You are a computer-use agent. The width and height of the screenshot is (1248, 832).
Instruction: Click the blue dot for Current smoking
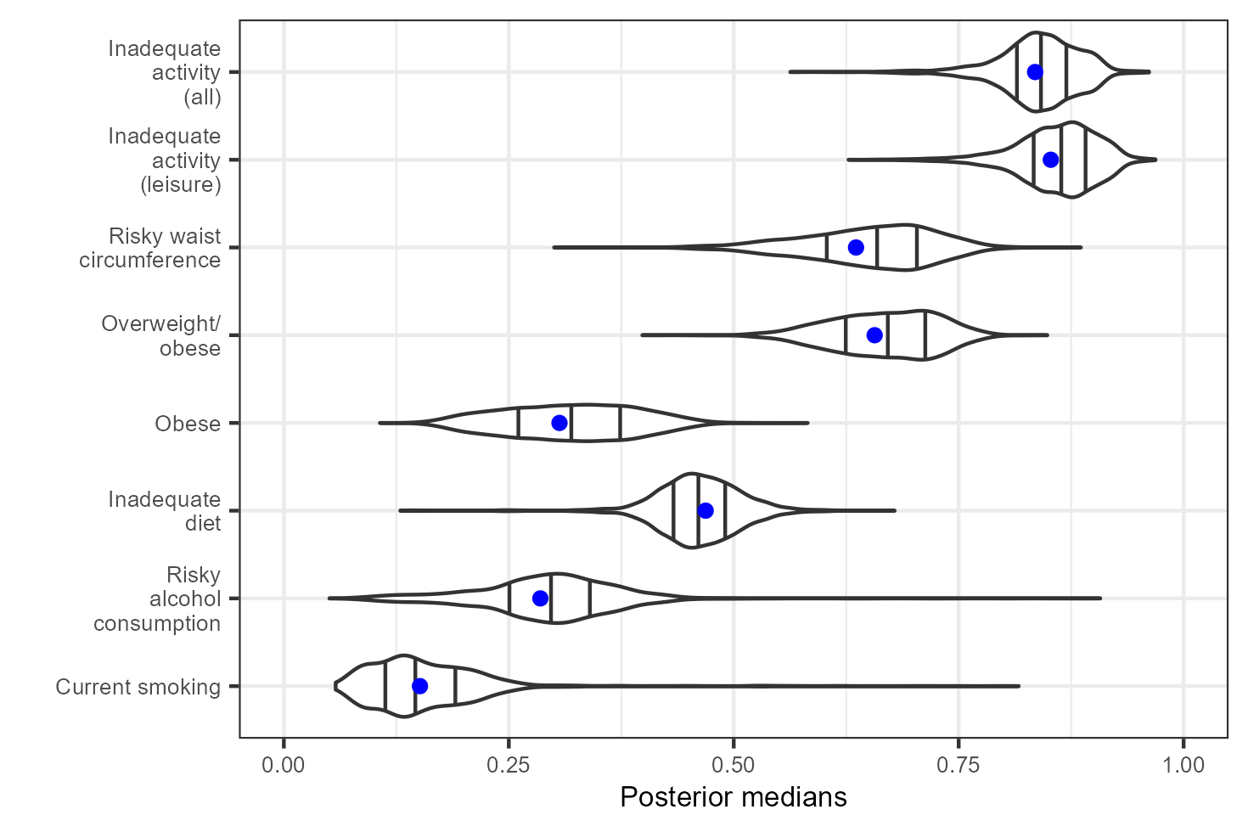coord(419,686)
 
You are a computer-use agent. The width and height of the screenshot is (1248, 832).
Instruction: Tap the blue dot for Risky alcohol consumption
coord(540,599)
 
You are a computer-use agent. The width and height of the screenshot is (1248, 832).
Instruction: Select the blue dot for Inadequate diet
coord(706,510)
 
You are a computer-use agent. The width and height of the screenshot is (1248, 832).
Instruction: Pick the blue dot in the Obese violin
coord(559,423)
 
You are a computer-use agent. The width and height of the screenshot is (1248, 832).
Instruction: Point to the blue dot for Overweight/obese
coord(874,335)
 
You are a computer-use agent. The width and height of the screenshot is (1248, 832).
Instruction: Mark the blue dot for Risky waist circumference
coord(856,247)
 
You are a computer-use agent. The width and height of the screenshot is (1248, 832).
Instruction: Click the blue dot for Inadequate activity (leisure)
coord(1050,160)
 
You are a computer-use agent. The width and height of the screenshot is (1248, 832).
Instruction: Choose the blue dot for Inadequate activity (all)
coord(1035,72)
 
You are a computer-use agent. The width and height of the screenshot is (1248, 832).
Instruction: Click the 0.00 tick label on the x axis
coord(284,765)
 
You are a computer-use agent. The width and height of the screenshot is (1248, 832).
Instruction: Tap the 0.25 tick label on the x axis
coord(509,765)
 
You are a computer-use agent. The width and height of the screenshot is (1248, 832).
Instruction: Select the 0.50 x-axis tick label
coord(734,765)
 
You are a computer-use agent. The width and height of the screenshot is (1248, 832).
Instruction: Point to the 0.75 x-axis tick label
coord(958,765)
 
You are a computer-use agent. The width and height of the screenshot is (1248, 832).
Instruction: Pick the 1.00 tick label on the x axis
coord(1183,765)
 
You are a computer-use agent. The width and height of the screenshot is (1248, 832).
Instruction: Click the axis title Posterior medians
coord(734,797)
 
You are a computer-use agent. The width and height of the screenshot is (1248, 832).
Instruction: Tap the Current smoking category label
coord(138,687)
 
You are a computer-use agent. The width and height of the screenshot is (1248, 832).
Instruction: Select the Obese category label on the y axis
coord(188,424)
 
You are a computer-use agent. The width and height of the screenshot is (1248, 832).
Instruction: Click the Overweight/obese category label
coord(161,336)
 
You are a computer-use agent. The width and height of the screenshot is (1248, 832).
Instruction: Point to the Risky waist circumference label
coord(150,248)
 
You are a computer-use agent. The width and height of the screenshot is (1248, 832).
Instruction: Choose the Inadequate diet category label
coord(165,511)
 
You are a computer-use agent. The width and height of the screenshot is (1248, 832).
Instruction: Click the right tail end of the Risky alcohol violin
coord(1100,599)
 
